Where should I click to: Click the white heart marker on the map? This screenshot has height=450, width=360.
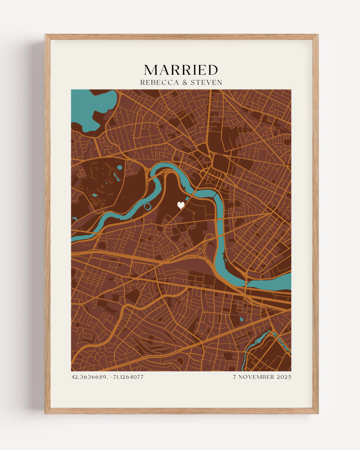[181, 205]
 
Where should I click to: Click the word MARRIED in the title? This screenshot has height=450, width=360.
[181, 70]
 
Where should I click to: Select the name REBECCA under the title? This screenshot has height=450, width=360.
[159, 82]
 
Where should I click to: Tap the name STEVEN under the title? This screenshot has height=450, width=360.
[206, 82]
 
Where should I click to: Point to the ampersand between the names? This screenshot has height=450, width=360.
[184, 82]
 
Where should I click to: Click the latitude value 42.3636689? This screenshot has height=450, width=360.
[88, 377]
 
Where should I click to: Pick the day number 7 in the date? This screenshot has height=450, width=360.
[235, 377]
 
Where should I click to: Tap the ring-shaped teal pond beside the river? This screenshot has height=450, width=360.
[148, 206]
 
